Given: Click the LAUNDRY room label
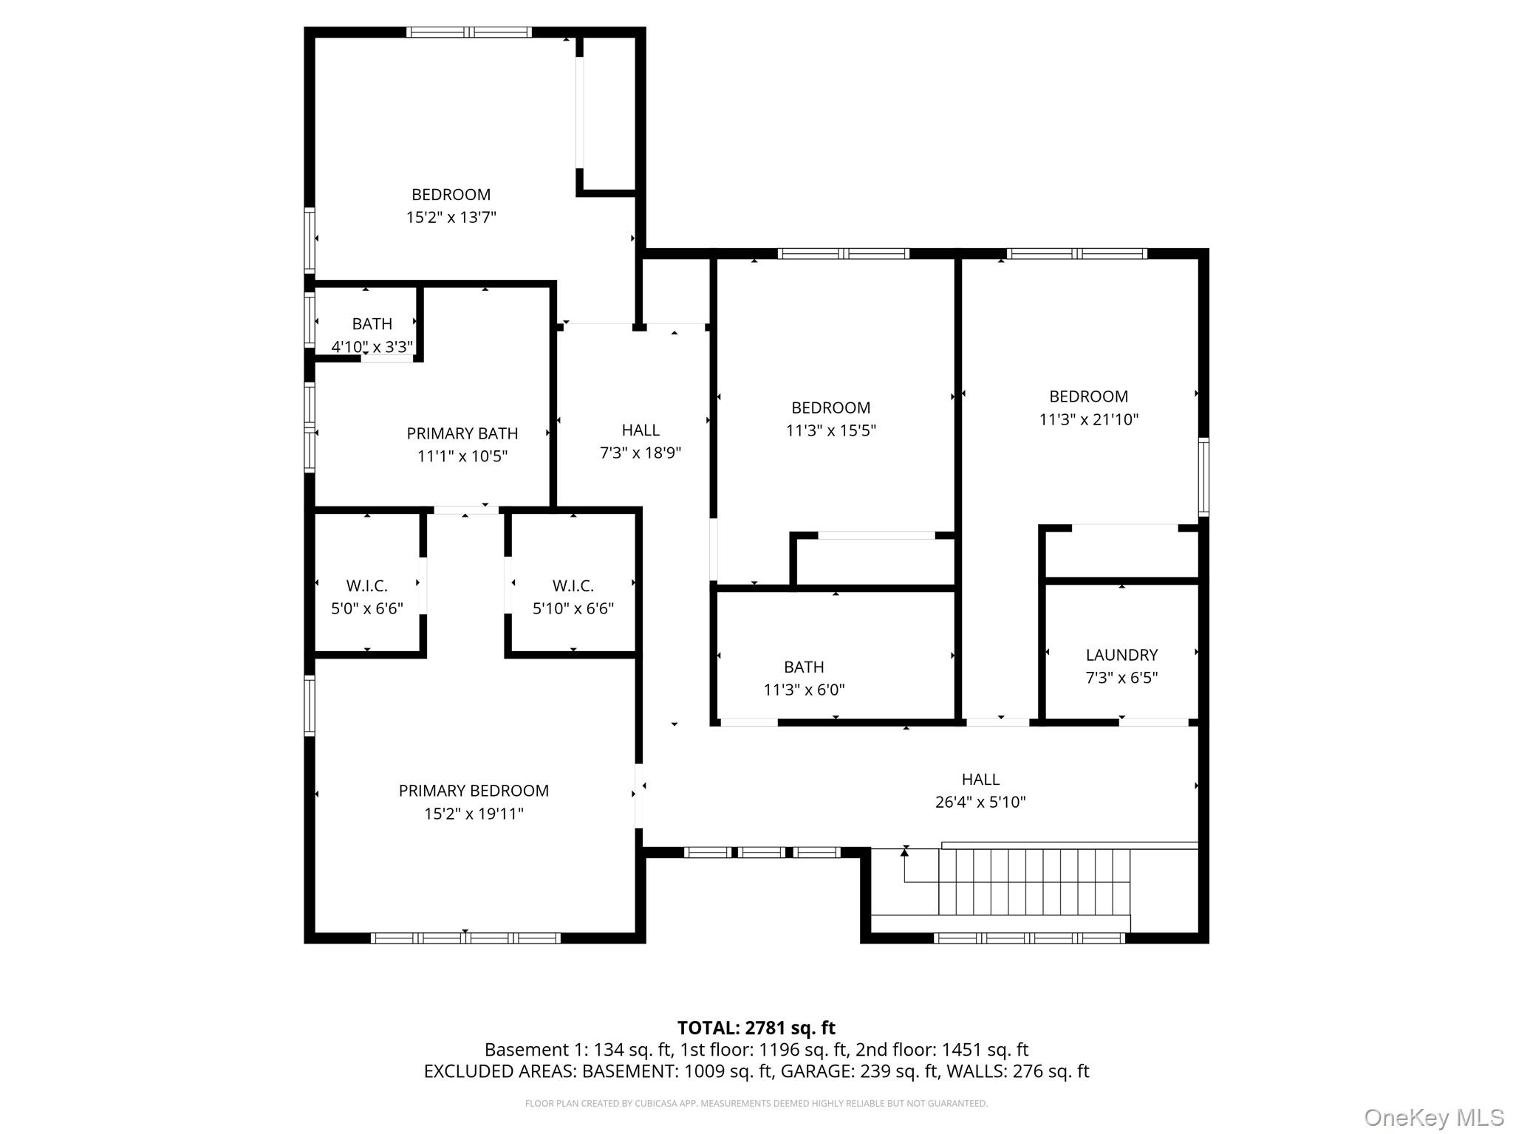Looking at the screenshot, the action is coord(1121,655).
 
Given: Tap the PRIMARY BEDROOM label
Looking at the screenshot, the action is coord(474,791).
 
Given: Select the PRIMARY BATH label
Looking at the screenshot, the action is coord(462,433).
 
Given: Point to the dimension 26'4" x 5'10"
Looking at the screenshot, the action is coord(980,802).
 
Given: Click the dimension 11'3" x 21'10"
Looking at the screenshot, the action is coord(1089,419).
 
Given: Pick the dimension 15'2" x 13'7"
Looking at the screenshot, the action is coord(451,217).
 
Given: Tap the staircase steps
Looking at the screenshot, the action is coord(1034,882).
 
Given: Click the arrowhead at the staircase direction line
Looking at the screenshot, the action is coord(905,853).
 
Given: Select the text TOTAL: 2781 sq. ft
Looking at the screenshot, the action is coord(756,1028).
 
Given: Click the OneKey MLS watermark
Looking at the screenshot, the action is coord(1434,1117).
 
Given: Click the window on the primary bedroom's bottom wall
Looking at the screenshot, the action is coord(465,938).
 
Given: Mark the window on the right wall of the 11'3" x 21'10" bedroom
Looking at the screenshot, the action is coord(1203,477).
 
